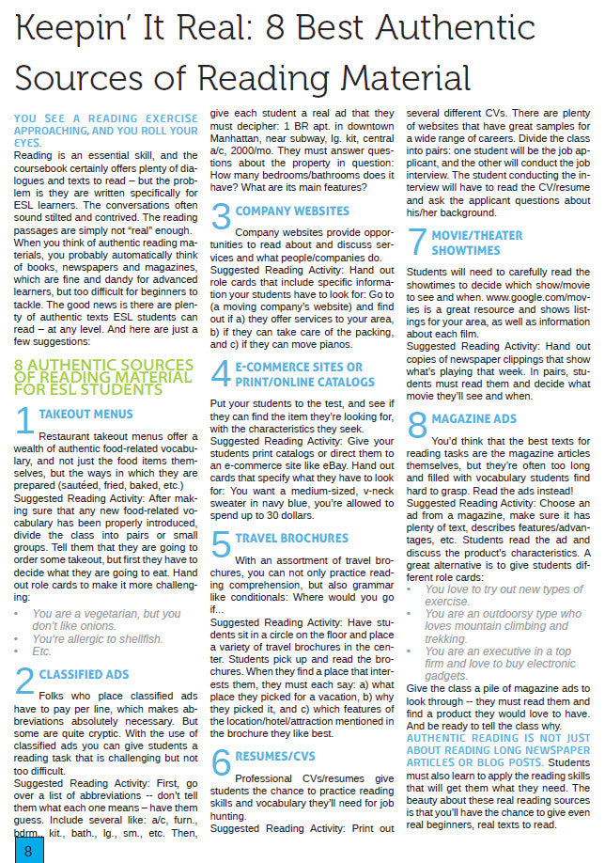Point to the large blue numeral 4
(221, 374)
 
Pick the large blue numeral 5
(221, 545)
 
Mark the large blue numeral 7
(418, 243)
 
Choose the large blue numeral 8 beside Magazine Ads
(418, 425)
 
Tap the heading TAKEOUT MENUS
(85, 414)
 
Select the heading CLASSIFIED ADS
(84, 674)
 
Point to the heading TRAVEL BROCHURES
(291, 539)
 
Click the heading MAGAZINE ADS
(473, 418)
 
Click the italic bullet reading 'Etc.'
(42, 651)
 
